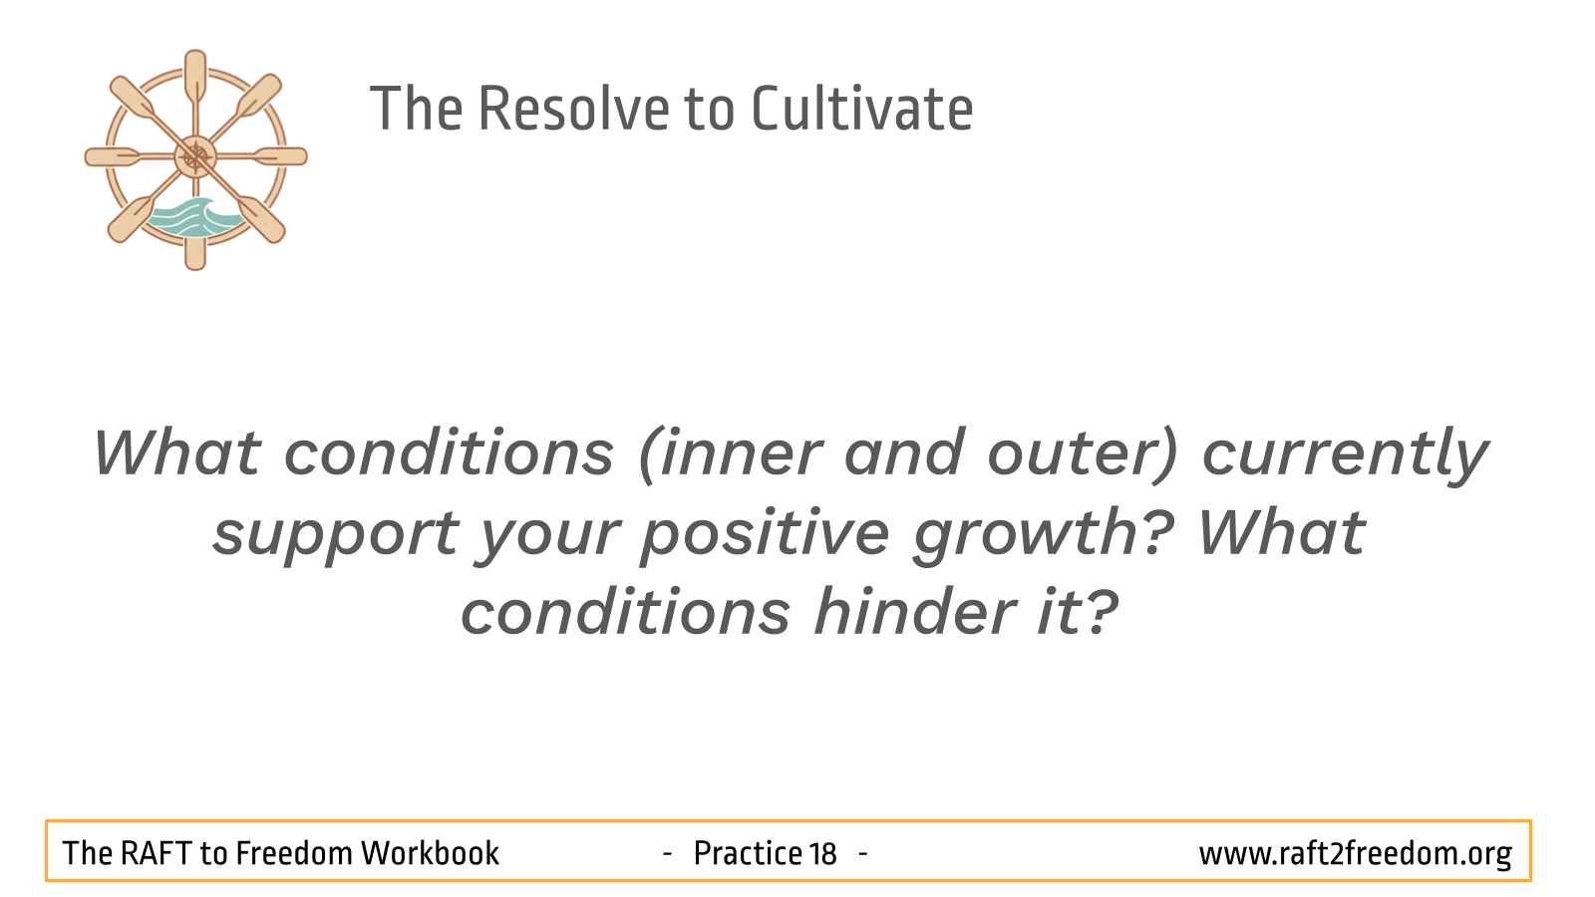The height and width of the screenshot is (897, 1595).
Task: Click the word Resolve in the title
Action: click(x=573, y=110)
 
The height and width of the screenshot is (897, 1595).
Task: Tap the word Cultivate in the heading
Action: click(x=862, y=109)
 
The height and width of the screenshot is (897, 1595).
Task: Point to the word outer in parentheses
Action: click(x=1083, y=454)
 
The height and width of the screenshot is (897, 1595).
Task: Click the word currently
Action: click(x=1346, y=455)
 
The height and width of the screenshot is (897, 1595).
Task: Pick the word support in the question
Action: click(x=336, y=535)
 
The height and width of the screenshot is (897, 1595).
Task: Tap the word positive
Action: click(x=765, y=534)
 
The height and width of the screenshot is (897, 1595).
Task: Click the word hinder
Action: click(x=915, y=612)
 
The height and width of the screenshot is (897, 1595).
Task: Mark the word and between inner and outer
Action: click(x=904, y=453)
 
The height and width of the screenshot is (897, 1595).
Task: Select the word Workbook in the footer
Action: click(x=430, y=853)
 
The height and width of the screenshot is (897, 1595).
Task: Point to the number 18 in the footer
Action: click(x=822, y=854)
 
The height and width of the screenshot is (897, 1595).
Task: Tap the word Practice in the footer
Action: click(x=748, y=853)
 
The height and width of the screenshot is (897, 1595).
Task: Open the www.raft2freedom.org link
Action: click(x=1356, y=854)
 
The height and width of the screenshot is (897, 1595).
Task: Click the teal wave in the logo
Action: click(x=193, y=218)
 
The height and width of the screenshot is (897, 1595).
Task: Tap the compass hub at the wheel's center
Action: click(x=195, y=156)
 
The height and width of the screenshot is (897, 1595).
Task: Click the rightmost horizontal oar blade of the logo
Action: click(x=281, y=156)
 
